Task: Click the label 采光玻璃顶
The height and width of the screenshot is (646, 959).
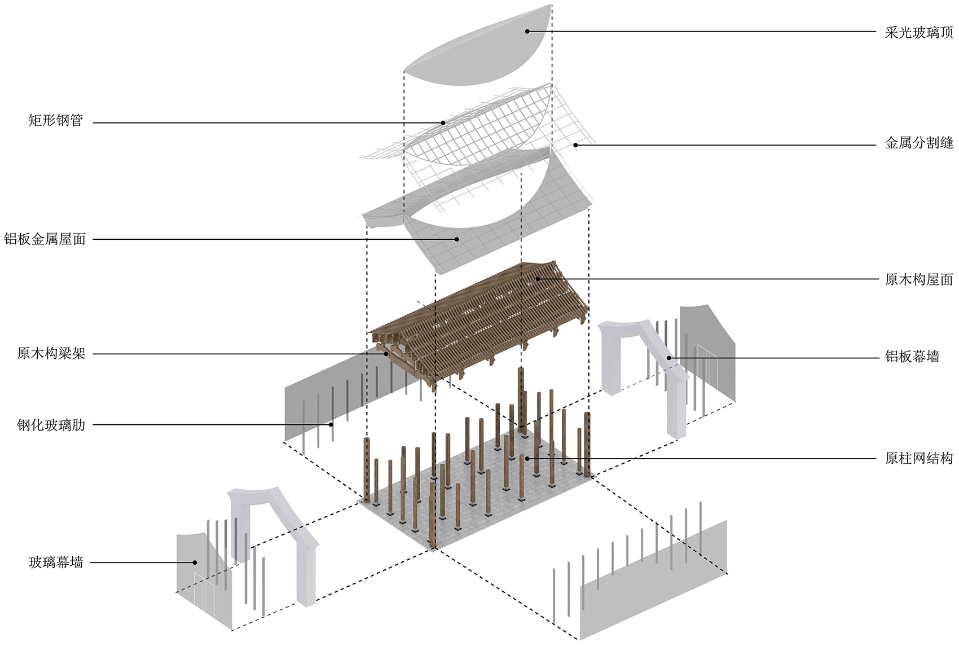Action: coord(918,32)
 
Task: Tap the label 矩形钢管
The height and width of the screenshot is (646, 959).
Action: coord(56,120)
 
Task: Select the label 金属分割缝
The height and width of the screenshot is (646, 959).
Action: coord(918,143)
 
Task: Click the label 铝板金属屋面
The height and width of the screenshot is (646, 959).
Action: coord(45,239)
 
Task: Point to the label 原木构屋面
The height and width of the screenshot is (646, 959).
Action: coord(918,279)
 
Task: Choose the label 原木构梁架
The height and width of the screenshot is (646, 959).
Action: coord(51,354)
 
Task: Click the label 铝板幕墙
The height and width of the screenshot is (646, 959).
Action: coord(912,357)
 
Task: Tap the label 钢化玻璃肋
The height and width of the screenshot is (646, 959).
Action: coord(51,425)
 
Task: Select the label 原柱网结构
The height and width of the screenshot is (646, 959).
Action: coord(918,458)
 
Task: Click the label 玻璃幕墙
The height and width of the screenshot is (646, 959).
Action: coord(56,562)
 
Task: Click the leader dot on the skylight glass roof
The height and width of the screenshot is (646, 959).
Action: coord(527,31)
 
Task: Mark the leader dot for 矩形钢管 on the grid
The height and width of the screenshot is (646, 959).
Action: coord(443,122)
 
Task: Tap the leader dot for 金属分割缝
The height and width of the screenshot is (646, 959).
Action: coord(575,145)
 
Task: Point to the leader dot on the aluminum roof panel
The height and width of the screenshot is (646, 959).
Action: coord(457,239)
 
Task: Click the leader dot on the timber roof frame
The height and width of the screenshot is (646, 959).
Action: coord(538,279)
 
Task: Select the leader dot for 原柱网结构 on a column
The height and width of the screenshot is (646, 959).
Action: coord(527,458)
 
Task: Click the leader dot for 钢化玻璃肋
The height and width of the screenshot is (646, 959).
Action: coord(332,424)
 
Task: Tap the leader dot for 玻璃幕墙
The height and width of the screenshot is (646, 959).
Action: coord(195,562)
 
